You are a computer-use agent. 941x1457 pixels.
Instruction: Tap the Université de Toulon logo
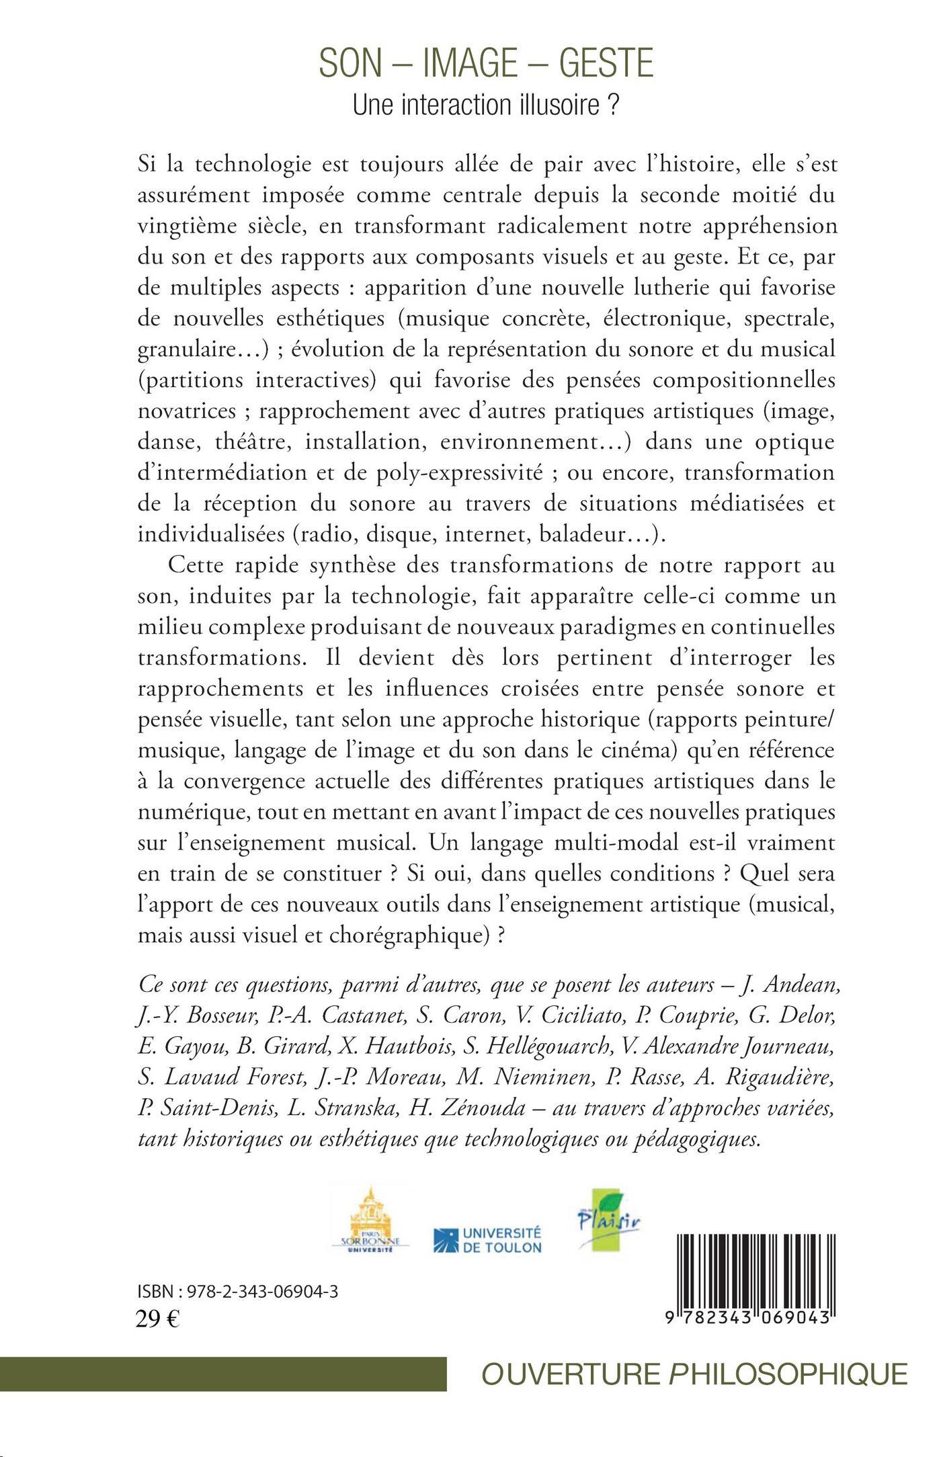[x=487, y=1241]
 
